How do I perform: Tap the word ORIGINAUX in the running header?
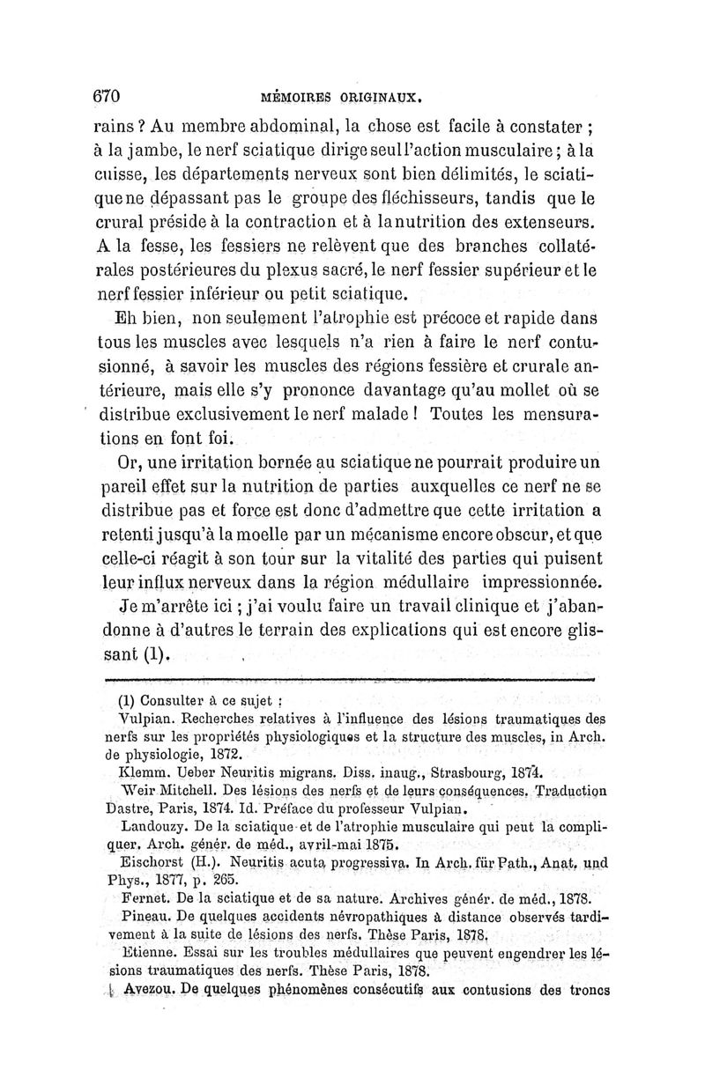[380, 98]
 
